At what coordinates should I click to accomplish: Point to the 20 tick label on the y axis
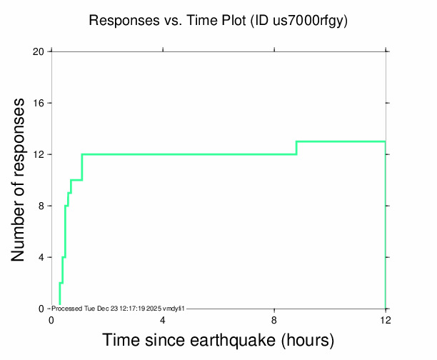point(38,51)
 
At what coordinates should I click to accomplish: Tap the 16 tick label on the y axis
point(39,103)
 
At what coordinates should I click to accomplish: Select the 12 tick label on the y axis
point(39,154)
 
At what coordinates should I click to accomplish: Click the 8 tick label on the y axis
point(41,206)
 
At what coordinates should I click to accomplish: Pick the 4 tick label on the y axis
point(41,257)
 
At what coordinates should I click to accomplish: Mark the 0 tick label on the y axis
point(41,309)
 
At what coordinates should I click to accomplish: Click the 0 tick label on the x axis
point(51,320)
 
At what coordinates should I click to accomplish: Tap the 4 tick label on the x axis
point(163,320)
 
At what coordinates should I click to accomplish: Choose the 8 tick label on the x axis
point(274,320)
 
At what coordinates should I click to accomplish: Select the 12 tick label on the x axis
point(386,320)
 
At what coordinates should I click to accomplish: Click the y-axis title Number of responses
point(18,180)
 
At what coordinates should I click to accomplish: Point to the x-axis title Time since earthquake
point(189,340)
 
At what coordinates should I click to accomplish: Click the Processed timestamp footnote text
point(118,309)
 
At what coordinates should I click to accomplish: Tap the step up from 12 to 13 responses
point(296,148)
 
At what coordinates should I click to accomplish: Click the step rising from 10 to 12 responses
point(82,167)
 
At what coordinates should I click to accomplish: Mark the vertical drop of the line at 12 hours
point(386,225)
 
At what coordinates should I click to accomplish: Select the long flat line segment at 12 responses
point(189,154)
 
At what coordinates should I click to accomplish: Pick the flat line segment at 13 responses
point(341,141)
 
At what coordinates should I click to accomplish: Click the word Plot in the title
point(233,20)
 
